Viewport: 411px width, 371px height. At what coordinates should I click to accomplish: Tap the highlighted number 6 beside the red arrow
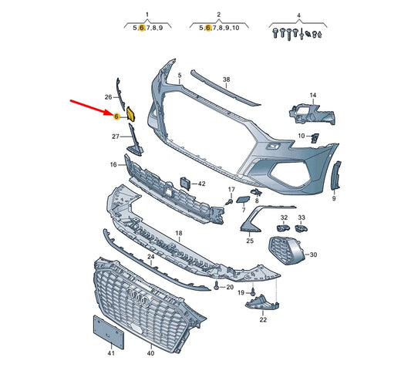click(x=115, y=116)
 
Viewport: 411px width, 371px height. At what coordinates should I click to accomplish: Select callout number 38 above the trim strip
click(x=226, y=79)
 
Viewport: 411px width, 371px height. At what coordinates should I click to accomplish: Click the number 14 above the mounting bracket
click(x=313, y=95)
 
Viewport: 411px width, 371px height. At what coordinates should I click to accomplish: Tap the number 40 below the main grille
click(x=150, y=353)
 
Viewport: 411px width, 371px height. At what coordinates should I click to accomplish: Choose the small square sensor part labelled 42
click(x=186, y=183)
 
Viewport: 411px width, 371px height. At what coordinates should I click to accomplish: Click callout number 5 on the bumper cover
click(x=179, y=76)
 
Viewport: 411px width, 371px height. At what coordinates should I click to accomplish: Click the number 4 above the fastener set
click(x=298, y=15)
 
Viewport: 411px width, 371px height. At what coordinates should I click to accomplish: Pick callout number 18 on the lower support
click(x=178, y=232)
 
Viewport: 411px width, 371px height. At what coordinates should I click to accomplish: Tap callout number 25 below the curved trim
click(x=250, y=241)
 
